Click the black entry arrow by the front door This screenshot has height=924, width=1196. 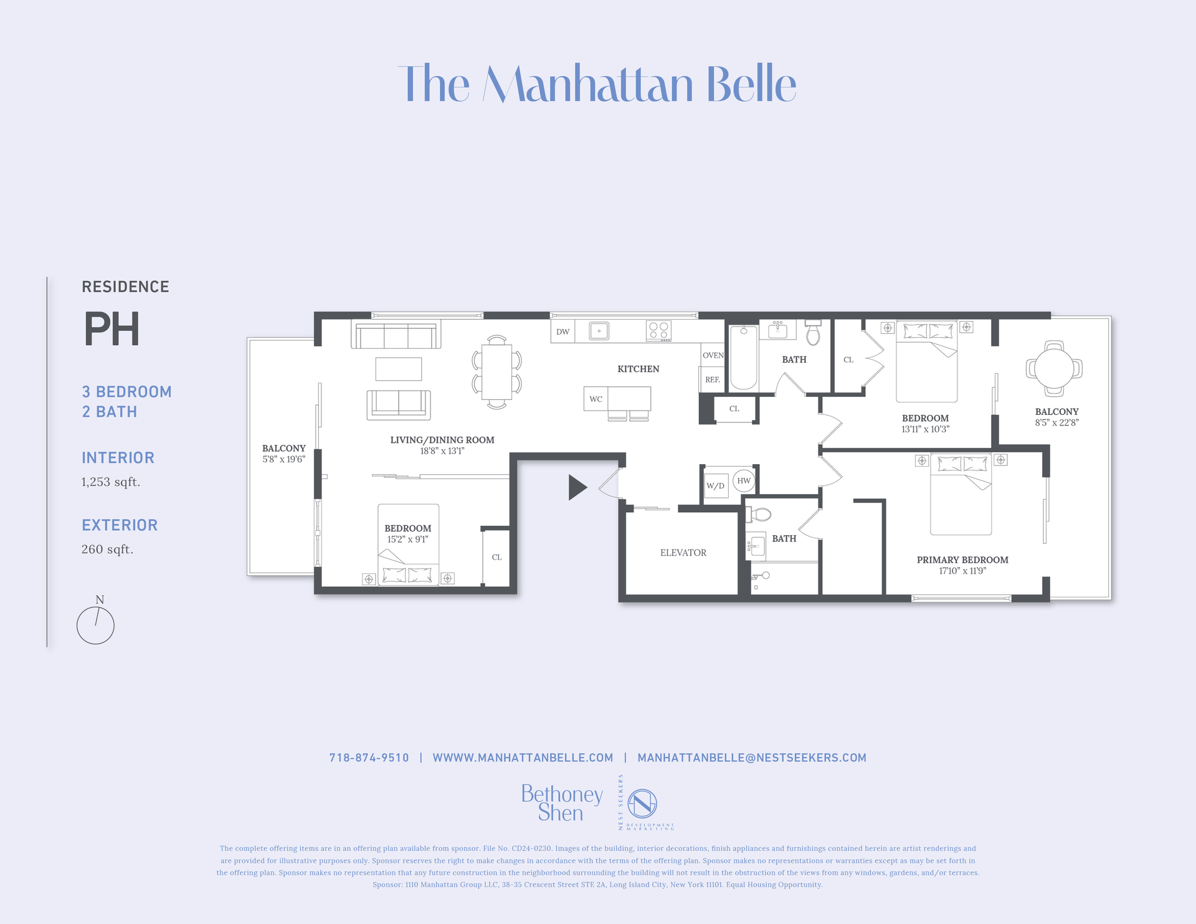point(577,487)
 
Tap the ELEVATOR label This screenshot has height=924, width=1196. point(683,553)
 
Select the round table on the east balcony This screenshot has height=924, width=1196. point(1054,368)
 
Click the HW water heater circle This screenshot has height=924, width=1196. point(744,480)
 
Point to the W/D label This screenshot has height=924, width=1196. point(715,486)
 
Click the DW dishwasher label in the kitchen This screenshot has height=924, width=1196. point(562,331)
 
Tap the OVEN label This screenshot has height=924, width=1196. point(713,355)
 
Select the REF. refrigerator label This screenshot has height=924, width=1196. point(713,379)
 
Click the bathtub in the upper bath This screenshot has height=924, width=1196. point(743,358)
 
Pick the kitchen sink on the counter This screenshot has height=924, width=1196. point(599,331)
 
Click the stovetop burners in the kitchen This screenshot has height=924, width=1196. point(659,330)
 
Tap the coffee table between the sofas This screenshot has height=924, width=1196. point(399,369)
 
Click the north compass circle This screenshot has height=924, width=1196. point(95,626)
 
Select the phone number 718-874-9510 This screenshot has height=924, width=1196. point(369,758)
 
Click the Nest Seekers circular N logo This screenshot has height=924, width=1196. point(642,803)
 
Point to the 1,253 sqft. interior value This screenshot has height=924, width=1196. point(111,482)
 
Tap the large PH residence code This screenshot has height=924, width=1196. point(112,329)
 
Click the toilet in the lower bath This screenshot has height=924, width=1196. point(759,515)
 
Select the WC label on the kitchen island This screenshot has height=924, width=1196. point(596,399)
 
